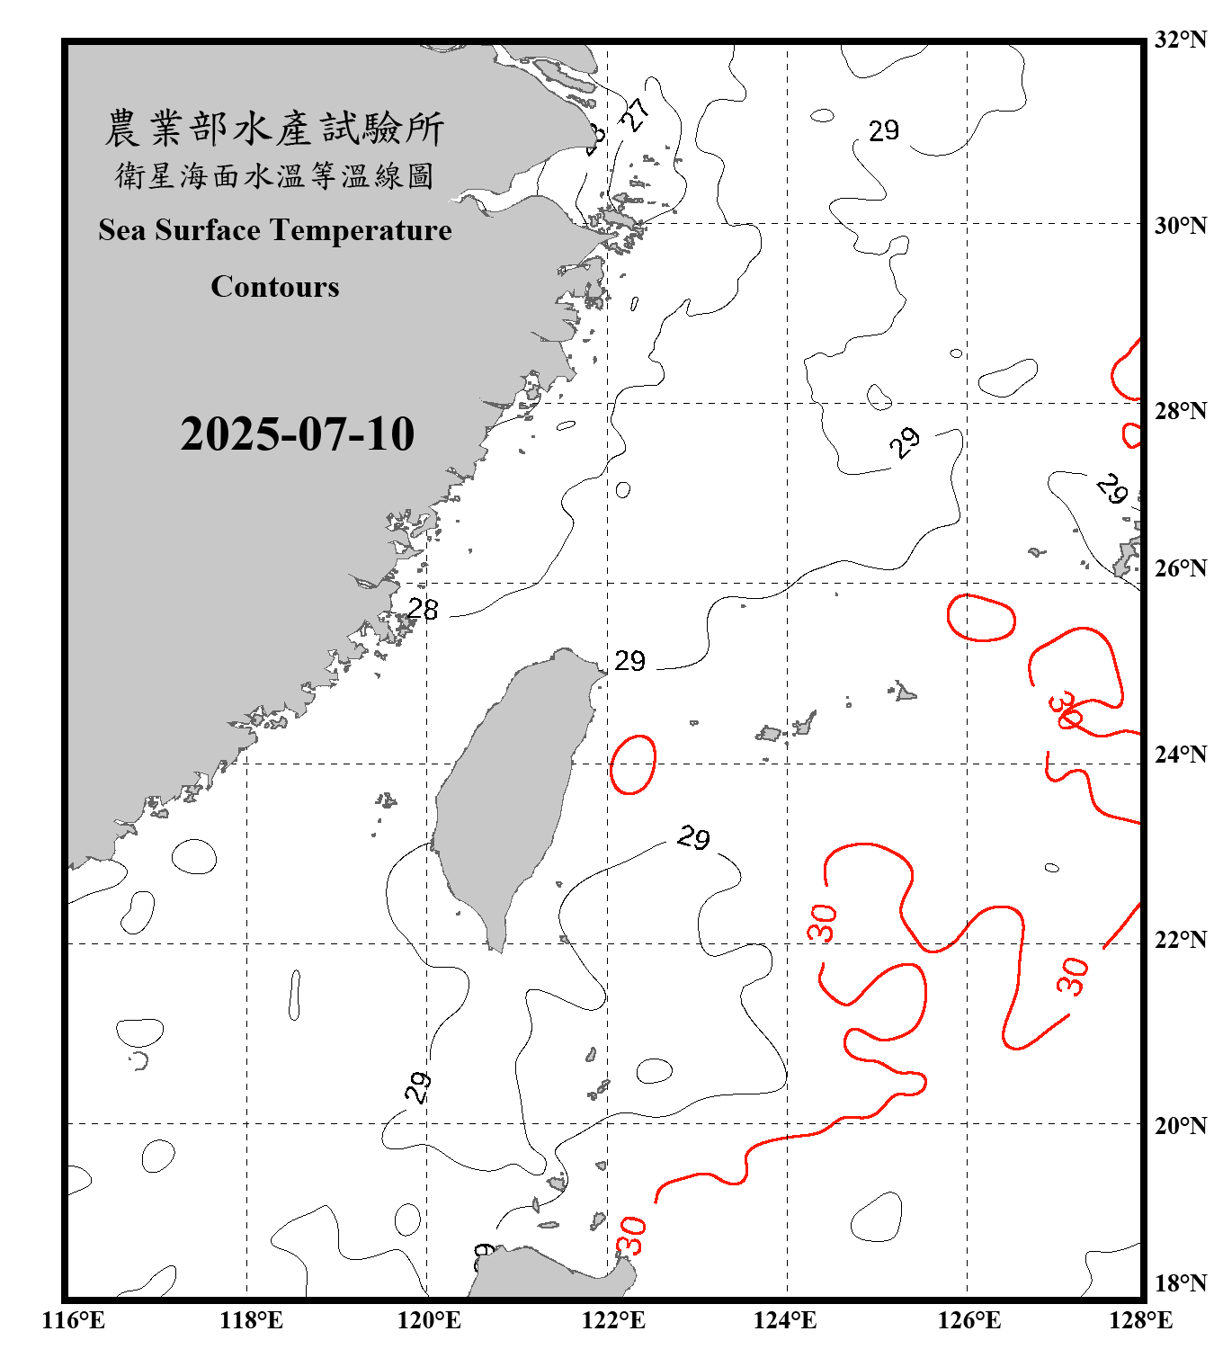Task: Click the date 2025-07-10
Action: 297,433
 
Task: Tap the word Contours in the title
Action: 275,287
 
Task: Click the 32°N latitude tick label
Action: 1180,40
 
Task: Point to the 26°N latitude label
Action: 1180,568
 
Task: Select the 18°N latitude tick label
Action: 1180,1283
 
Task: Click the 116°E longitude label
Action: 74,1320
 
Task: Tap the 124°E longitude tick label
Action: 785,1320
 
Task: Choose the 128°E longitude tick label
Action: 1140,1320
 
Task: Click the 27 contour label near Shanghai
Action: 636,114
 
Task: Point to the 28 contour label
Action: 423,610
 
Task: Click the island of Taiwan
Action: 508,791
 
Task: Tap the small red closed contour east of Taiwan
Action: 633,764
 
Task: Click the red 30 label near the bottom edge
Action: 631,1235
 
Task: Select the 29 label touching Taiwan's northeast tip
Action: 629,661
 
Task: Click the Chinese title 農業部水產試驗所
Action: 275,129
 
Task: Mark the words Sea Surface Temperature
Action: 275,230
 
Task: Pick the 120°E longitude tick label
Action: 429,1320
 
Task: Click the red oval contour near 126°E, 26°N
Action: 981,617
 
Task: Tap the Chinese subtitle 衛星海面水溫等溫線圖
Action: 275,176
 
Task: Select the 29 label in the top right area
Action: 883,130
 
